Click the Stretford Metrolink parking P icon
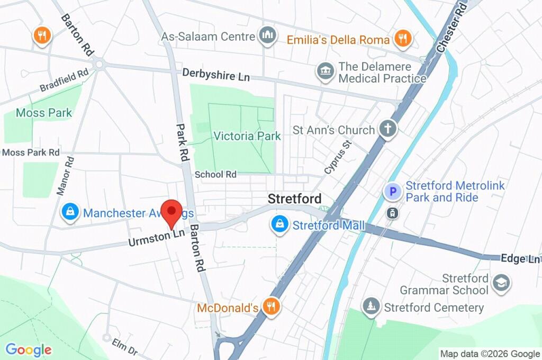click(x=393, y=191)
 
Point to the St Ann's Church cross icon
click(x=388, y=129)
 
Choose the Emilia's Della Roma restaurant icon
click(x=403, y=39)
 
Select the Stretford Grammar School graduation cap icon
click(x=500, y=283)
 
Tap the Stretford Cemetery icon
click(x=371, y=307)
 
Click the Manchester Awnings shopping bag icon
click(x=70, y=213)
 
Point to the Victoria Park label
click(x=247, y=136)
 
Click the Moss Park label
click(x=44, y=113)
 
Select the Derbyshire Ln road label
click(x=216, y=75)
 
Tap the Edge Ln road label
click(x=520, y=258)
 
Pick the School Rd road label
click(x=215, y=174)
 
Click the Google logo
click(x=29, y=349)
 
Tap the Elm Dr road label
click(x=125, y=346)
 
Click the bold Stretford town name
click(x=294, y=199)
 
